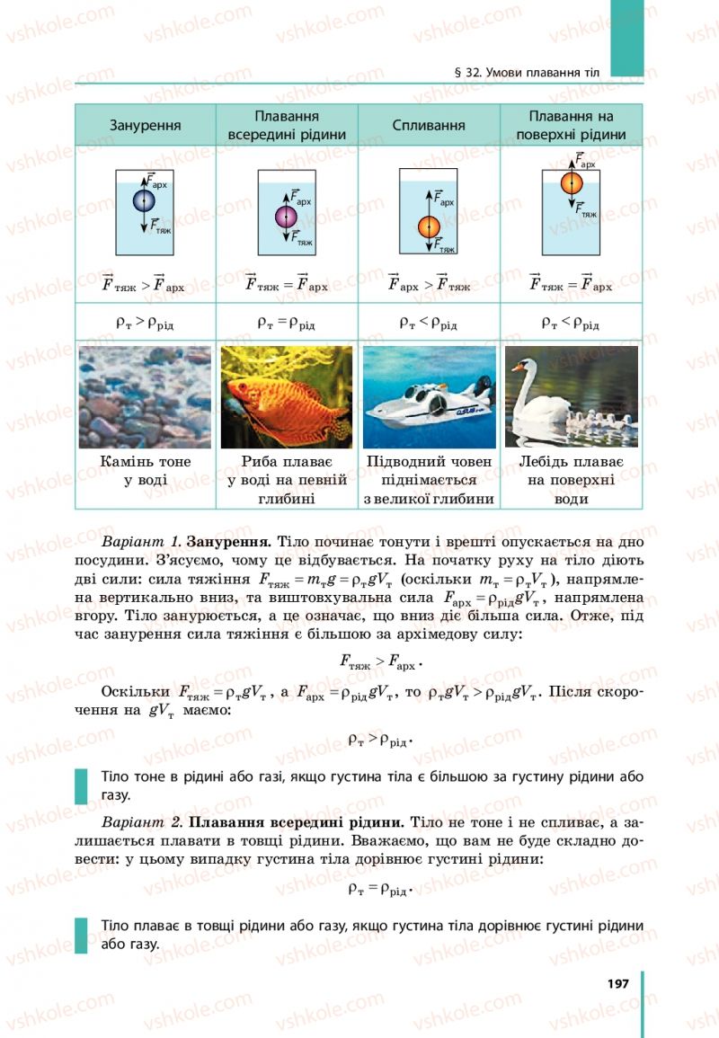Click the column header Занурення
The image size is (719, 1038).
(x=145, y=126)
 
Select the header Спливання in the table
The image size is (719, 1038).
(x=429, y=126)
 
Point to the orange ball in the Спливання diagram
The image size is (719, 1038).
(x=429, y=226)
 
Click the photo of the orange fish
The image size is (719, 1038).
(x=285, y=396)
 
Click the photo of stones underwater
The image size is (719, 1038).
(x=145, y=396)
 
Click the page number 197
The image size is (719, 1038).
(x=617, y=982)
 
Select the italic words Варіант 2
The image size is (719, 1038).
(x=143, y=821)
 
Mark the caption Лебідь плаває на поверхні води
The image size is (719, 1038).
(x=571, y=480)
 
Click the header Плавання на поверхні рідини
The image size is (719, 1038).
(x=571, y=126)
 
